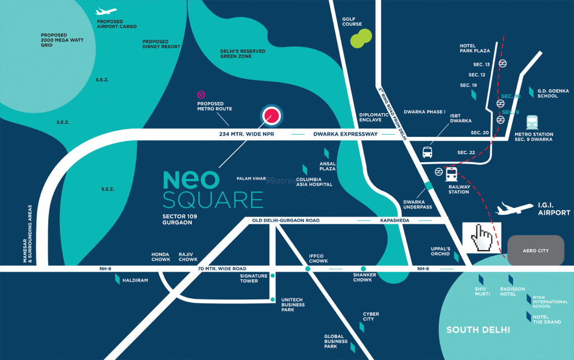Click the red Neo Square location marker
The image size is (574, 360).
tap(271, 116)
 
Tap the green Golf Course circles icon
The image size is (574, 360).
tap(361, 39)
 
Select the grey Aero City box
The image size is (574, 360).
tap(535, 251)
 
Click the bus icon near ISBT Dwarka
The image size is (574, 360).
tap(427, 152)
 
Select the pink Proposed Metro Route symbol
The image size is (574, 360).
tap(201, 95)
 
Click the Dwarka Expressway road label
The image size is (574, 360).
tap(345, 134)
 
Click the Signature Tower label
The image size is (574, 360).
tap(249, 279)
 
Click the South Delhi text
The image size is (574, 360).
tap(478, 330)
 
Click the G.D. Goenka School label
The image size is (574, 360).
tap(548, 93)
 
